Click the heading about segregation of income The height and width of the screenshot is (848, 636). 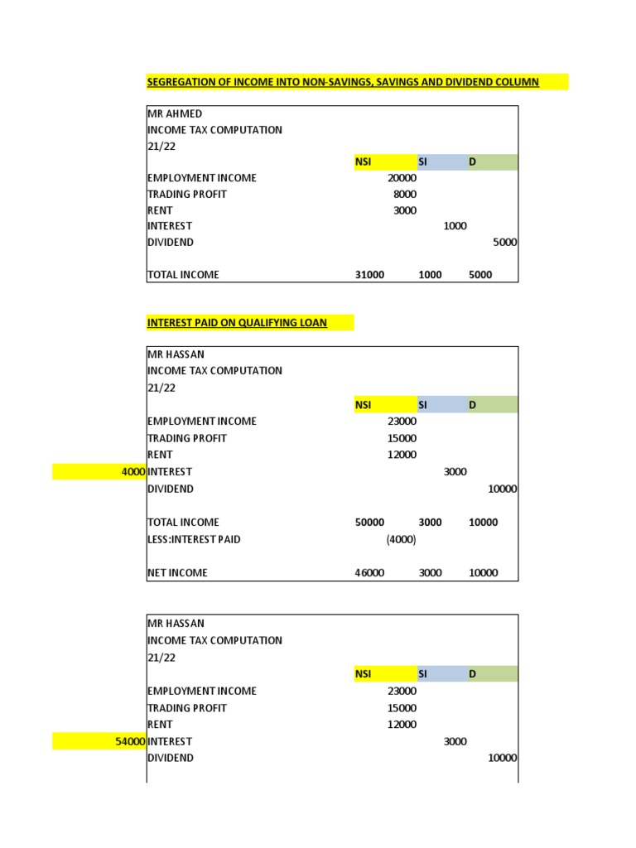tap(343, 82)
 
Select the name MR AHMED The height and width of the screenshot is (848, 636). tap(175, 113)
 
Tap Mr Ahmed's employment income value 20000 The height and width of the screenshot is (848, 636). tap(402, 178)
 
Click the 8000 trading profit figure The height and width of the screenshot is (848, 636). tap(405, 194)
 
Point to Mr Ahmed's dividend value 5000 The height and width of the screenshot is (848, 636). tap(504, 243)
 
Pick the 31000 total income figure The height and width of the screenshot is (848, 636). tap(369, 275)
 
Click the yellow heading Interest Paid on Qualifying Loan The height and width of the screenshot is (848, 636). tap(237, 323)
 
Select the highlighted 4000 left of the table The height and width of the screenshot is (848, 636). tap(133, 472)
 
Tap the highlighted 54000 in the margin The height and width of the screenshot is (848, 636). tap(131, 742)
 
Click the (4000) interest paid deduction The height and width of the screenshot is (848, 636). tap(401, 540)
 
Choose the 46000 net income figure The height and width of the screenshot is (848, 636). tap(369, 573)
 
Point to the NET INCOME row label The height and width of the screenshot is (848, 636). tap(177, 573)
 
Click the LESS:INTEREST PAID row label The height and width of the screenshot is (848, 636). tap(194, 540)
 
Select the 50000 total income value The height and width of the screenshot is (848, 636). tap(369, 523)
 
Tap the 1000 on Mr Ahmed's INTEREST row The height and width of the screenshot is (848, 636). tap(455, 226)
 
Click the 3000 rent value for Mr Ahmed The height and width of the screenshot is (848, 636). tap(405, 210)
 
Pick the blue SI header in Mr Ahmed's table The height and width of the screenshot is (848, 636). tap(422, 162)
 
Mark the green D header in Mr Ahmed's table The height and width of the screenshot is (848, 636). tap(473, 162)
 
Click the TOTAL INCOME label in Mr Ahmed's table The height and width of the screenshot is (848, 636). tap(183, 275)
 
